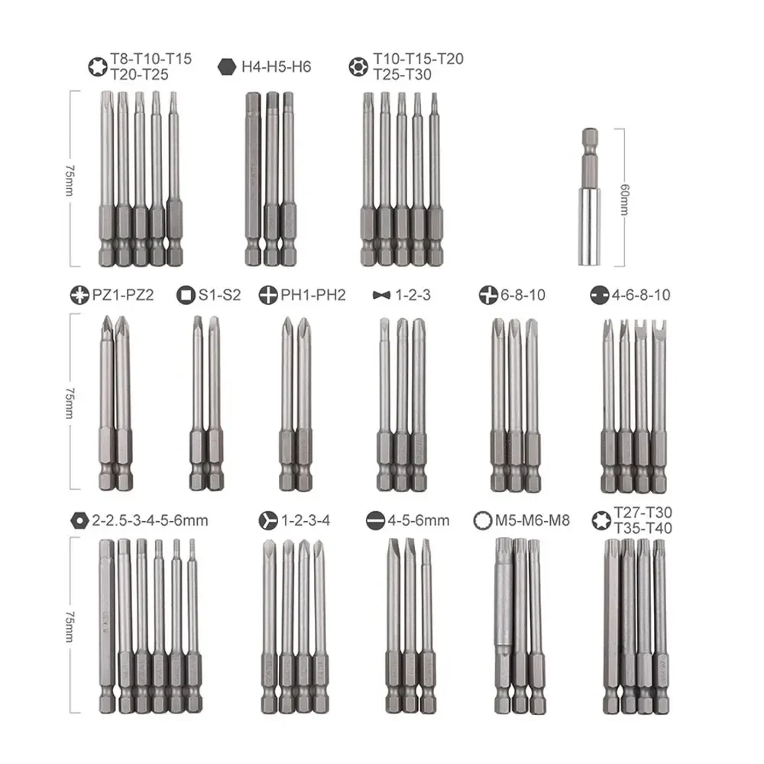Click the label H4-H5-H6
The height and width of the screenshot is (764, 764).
[x=277, y=66]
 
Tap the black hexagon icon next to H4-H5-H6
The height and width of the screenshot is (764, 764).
[x=228, y=66]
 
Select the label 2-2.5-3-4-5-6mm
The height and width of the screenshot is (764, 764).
[x=150, y=521]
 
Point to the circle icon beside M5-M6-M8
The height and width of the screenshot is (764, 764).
[x=482, y=521]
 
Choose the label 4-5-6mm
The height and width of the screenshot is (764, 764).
[x=419, y=521]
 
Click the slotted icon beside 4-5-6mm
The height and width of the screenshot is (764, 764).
[x=374, y=521]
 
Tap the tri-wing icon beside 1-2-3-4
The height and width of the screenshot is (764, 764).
[x=268, y=521]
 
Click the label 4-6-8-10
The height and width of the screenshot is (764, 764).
[x=642, y=294]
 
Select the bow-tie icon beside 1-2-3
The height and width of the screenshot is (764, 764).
[x=380, y=295]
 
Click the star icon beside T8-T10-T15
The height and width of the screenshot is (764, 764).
[x=96, y=66]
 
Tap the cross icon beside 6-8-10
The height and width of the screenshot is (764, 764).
[x=488, y=294]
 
